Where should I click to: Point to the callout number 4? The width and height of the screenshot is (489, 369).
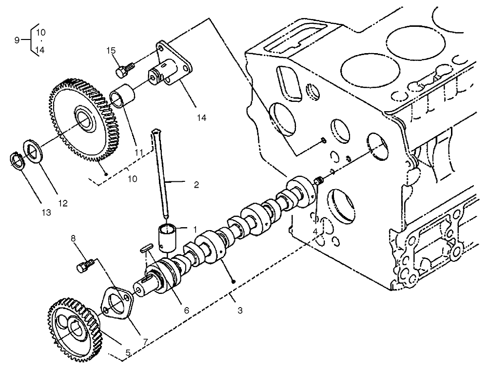click(315, 231)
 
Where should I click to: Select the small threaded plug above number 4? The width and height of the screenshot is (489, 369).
click(318, 183)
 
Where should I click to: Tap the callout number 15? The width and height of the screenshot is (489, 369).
click(111, 50)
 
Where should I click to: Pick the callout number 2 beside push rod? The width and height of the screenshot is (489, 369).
click(196, 185)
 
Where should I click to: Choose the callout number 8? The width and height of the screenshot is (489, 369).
click(74, 238)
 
